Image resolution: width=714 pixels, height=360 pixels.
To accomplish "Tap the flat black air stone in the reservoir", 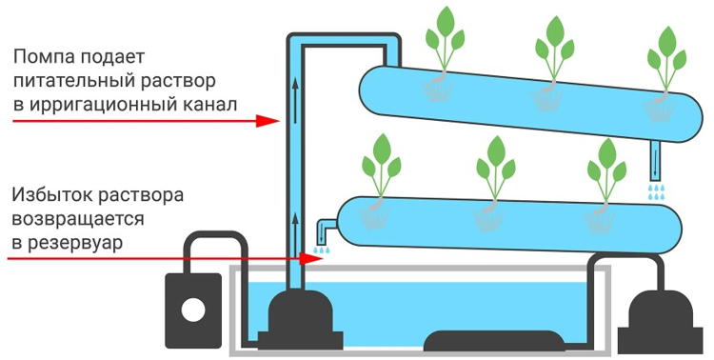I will (x=493, y=341).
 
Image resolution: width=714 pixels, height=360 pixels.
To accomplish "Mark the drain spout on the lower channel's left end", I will (x=321, y=231).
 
